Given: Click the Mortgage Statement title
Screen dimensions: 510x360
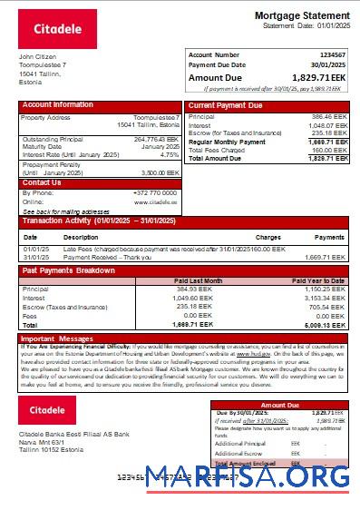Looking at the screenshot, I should (301, 15).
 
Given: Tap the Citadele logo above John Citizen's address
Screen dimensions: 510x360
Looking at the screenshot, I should (58, 29).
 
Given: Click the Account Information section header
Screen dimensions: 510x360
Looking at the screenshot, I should (58, 105).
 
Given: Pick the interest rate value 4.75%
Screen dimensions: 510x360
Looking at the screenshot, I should (169, 154).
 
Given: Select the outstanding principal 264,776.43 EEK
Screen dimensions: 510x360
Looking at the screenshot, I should (156, 139).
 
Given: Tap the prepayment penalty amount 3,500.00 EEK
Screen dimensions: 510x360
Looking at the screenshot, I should (160, 172).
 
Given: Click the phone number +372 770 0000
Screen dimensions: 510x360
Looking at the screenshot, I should (155, 192).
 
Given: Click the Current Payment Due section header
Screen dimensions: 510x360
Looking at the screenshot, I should (225, 105).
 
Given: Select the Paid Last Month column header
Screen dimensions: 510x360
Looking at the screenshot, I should (199, 280).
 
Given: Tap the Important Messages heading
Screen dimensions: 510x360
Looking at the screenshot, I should (56, 338).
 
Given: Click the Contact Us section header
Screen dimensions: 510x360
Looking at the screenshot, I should (42, 182).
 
